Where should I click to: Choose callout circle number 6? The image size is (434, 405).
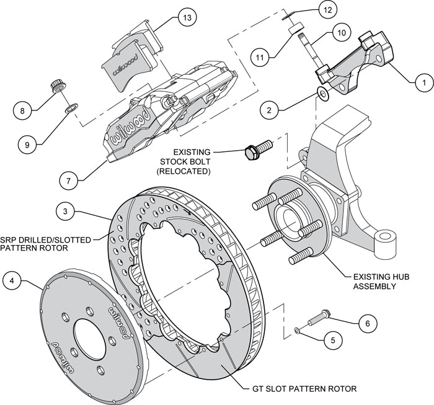pyautogui.click(x=367, y=323)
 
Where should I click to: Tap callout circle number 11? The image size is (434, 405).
pyautogui.click(x=262, y=56)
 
